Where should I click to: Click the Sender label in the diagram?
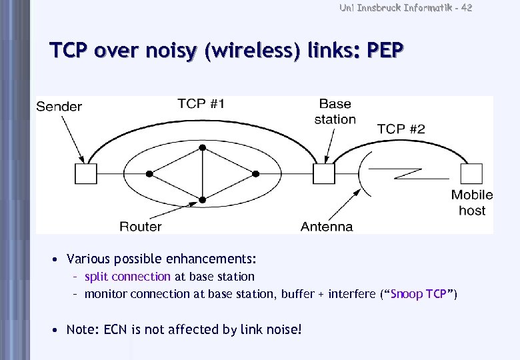coord(59,107)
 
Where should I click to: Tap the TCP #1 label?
coord(201,103)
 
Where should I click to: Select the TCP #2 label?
coord(401,129)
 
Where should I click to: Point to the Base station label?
coord(335,111)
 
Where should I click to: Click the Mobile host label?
coord(472,203)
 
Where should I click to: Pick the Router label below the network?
coord(141,227)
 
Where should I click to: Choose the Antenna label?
coord(327,227)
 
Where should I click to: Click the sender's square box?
coord(85,174)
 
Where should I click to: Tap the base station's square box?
coord(324,174)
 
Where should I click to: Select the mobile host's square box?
coord(472,174)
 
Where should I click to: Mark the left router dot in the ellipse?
coord(149,173)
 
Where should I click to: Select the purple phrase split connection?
coord(127,276)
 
